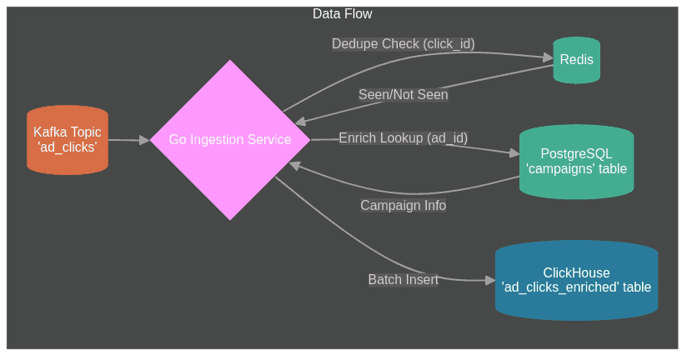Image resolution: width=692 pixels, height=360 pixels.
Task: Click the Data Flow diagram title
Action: click(342, 14)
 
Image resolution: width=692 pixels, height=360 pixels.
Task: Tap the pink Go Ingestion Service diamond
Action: click(230, 140)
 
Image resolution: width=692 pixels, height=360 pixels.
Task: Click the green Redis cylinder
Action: click(576, 60)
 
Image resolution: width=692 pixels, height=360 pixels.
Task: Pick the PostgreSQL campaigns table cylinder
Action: click(576, 162)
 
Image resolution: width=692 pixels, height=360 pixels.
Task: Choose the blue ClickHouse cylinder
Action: click(576, 280)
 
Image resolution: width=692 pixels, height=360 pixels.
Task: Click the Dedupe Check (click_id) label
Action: click(403, 44)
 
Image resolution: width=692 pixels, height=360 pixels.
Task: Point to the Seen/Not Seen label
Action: click(403, 95)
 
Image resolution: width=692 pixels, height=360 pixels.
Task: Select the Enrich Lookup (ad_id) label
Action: click(403, 138)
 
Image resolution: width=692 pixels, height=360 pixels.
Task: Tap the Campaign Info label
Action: click(403, 205)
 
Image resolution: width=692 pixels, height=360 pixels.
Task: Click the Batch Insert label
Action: click(403, 280)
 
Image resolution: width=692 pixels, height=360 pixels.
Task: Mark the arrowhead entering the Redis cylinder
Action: click(549, 57)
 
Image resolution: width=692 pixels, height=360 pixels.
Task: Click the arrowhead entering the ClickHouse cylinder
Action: click(490, 280)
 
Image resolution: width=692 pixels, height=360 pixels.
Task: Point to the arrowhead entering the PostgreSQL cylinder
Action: click(514, 152)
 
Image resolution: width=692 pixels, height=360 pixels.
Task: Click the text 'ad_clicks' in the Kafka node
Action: click(68, 147)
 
